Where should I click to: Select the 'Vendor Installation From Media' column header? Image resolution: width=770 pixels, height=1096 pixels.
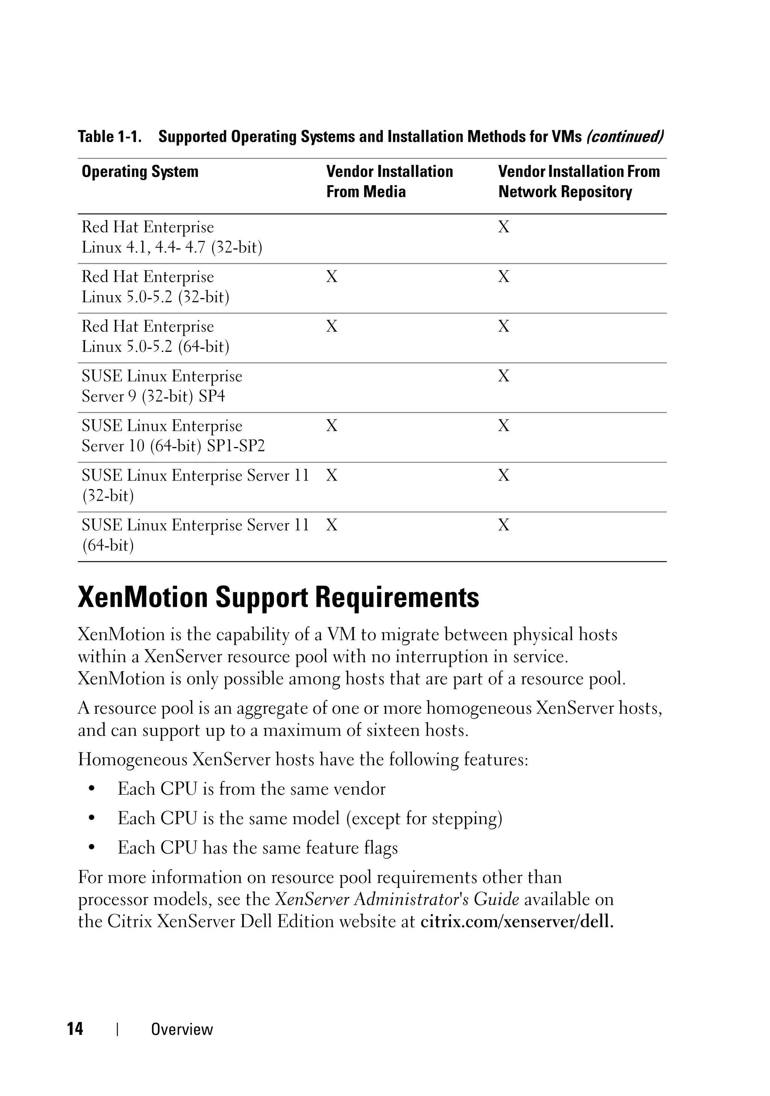(x=389, y=181)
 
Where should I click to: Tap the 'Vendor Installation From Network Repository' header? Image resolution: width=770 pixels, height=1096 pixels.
(x=579, y=181)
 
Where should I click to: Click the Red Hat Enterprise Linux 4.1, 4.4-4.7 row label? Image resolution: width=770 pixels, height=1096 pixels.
(x=172, y=237)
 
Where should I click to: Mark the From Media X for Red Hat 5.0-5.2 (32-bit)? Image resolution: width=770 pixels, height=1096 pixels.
(x=332, y=277)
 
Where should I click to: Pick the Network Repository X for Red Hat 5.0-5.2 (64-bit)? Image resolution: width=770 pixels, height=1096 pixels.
(x=504, y=327)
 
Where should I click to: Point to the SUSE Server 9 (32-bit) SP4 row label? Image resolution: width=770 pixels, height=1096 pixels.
(x=162, y=386)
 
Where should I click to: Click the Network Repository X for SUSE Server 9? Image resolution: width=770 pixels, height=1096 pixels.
(x=504, y=376)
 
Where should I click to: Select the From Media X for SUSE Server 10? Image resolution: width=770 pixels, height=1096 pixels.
(x=332, y=426)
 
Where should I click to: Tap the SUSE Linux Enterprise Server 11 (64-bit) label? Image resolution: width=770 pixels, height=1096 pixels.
(x=195, y=535)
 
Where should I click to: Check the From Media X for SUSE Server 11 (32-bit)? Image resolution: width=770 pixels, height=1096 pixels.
(x=332, y=476)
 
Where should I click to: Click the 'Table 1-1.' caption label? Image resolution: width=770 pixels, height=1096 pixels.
(x=110, y=137)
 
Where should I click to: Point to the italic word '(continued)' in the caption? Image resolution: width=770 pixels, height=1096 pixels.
(x=624, y=137)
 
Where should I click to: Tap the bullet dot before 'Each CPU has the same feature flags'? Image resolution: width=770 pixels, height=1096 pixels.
(x=92, y=848)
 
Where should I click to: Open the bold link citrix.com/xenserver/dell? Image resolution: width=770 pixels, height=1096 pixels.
(x=517, y=921)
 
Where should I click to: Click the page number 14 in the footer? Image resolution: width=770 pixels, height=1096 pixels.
(x=75, y=1029)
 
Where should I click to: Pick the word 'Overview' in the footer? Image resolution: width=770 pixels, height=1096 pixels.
(x=182, y=1029)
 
